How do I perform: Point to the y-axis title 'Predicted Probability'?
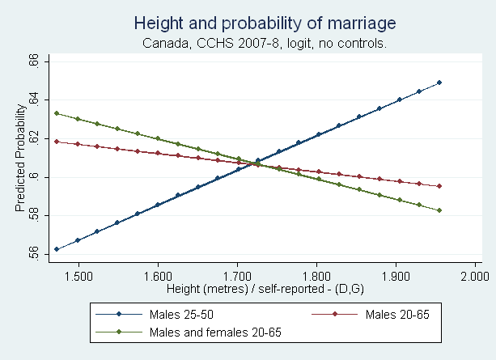[x=20, y=159]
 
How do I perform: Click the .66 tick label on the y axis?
[x=34, y=61]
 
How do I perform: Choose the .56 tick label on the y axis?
[x=34, y=254]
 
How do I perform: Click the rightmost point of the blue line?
[x=439, y=83]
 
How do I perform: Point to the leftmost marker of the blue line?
[x=57, y=249]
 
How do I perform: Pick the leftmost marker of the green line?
[x=57, y=113]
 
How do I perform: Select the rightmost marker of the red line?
[x=439, y=186]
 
